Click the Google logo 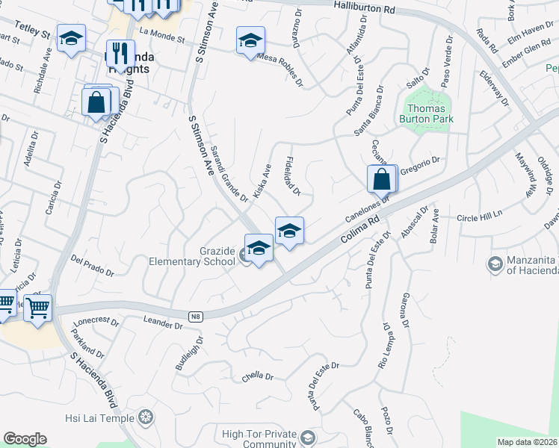25,439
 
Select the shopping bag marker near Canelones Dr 381,179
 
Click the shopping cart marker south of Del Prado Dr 37,306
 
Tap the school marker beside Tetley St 71,39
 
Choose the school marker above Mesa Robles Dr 251,40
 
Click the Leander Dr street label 162,323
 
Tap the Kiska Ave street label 262,181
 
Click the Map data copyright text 527,442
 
